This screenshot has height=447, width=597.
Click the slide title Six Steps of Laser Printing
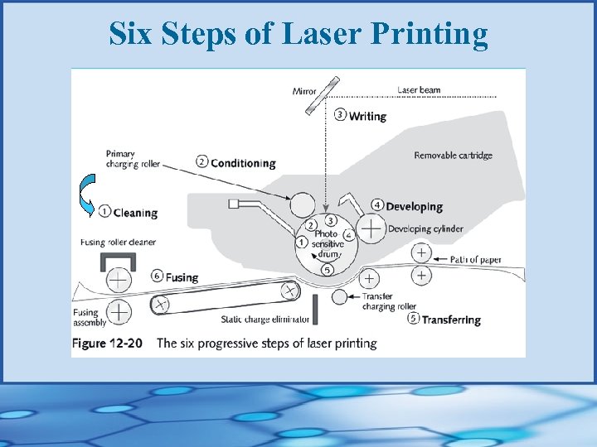(x=298, y=33)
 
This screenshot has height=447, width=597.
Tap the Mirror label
(x=304, y=91)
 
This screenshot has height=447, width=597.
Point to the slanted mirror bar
(x=323, y=96)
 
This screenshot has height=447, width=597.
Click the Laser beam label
(x=419, y=89)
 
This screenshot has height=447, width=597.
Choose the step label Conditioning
(x=242, y=162)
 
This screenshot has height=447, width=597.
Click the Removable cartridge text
(x=453, y=155)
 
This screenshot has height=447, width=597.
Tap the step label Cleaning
(x=134, y=213)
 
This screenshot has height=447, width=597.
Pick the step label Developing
(x=414, y=206)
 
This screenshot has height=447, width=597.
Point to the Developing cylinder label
(x=425, y=228)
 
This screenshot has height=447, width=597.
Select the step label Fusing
(x=181, y=276)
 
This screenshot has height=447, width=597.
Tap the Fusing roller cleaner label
(x=118, y=243)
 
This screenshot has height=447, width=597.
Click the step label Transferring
(x=450, y=320)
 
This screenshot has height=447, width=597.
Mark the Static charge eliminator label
(x=265, y=319)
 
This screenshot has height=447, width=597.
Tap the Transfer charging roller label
(x=389, y=301)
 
